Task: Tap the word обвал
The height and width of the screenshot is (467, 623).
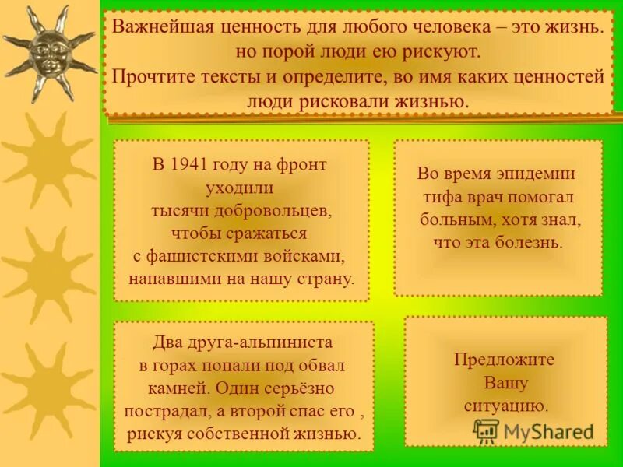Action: coord(320,364)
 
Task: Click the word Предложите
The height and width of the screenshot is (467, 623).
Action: coord(504,360)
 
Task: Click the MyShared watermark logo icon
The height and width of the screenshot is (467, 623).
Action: coord(486,430)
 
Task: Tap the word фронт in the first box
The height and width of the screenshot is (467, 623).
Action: coord(301,165)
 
